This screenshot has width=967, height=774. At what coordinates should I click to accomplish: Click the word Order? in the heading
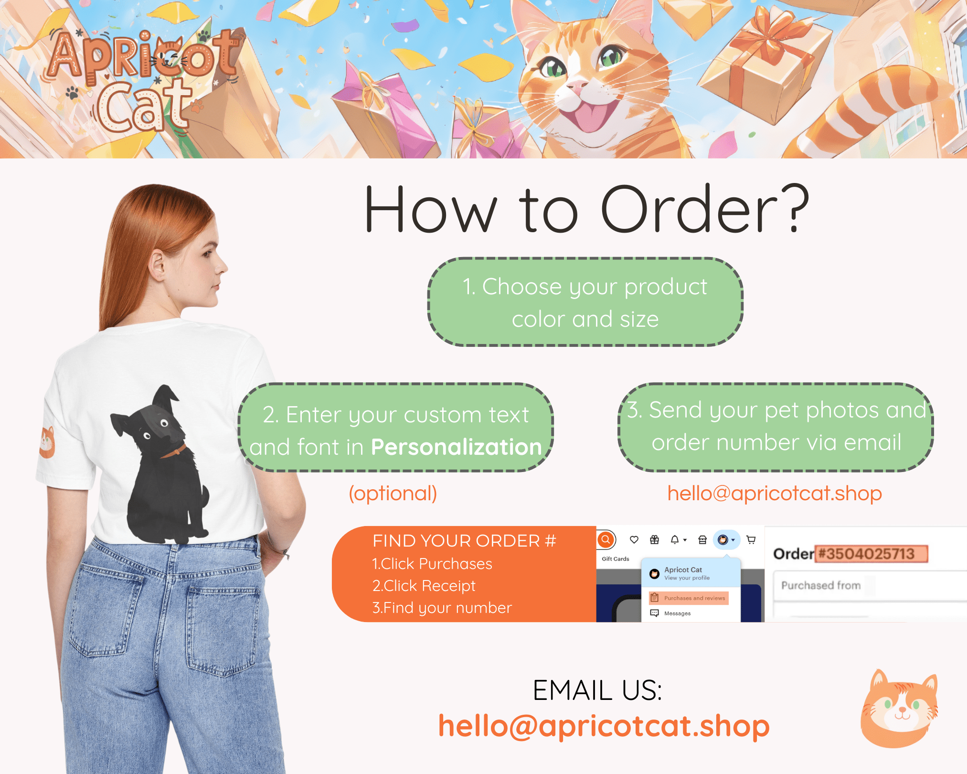pyautogui.click(x=705, y=209)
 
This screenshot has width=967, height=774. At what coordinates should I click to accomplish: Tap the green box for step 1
pyautogui.click(x=585, y=302)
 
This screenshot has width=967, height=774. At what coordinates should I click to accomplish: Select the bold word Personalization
pyautogui.click(x=457, y=447)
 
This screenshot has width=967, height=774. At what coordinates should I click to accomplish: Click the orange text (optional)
pyautogui.click(x=393, y=494)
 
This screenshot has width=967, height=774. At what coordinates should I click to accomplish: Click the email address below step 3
pyautogui.click(x=774, y=494)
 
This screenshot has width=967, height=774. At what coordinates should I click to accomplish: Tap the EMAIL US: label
pyautogui.click(x=597, y=690)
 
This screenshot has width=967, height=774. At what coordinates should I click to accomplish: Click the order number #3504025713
pyautogui.click(x=871, y=554)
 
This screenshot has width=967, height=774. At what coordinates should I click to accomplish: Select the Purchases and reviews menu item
pyautogui.click(x=689, y=598)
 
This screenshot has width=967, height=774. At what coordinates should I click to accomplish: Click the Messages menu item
pyautogui.click(x=670, y=613)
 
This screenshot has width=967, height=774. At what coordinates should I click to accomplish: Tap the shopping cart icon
pyautogui.click(x=751, y=540)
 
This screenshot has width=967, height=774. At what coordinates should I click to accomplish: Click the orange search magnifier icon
pyautogui.click(x=606, y=539)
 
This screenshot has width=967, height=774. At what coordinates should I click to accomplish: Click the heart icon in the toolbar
pyautogui.click(x=634, y=540)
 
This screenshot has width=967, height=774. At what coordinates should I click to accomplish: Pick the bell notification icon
pyautogui.click(x=675, y=540)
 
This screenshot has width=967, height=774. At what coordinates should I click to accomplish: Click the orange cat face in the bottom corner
pyautogui.click(x=899, y=709)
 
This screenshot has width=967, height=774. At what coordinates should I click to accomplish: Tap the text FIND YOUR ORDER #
pyautogui.click(x=464, y=541)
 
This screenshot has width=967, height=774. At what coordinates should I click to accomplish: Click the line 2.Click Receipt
pyautogui.click(x=424, y=586)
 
